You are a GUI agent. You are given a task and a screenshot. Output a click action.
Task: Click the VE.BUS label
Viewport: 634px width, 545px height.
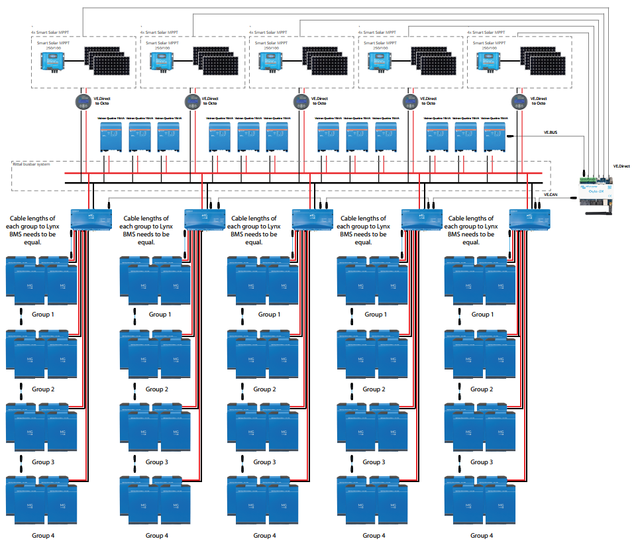tap(551, 132)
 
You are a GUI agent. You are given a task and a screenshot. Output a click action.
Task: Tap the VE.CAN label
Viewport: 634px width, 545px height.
tap(551, 195)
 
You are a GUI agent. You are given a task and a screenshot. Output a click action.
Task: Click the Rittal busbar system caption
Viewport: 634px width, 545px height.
tap(31, 164)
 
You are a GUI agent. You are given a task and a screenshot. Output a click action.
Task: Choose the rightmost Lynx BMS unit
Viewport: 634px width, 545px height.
tap(529, 218)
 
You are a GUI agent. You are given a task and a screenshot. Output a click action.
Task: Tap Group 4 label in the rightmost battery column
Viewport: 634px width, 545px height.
tap(482, 535)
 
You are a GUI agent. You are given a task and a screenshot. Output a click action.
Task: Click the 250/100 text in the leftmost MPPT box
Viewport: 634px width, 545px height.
tap(52, 47)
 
